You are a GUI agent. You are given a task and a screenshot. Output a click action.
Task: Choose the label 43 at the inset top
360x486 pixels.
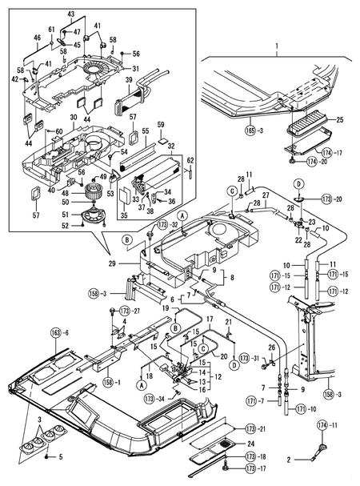pos(70,15)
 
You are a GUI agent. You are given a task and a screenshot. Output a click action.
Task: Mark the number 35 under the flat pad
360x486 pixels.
pos(122,215)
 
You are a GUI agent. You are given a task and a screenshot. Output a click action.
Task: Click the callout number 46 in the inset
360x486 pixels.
pos(37,38)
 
